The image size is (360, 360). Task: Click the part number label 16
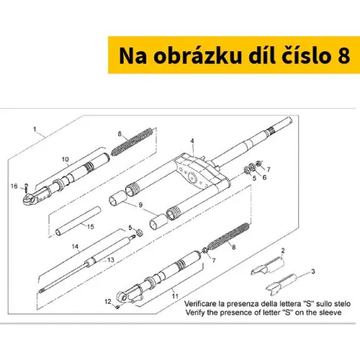point(14,186)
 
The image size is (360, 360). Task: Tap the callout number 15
point(91,227)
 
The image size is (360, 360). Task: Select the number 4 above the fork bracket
point(192,141)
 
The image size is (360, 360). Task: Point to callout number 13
point(111,260)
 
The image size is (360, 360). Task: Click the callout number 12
point(108,302)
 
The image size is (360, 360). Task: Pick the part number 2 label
point(283,251)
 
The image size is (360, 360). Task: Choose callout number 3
point(313,271)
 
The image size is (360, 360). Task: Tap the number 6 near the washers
point(264,177)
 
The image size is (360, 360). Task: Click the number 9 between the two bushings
point(140,204)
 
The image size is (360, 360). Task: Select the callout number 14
point(75,246)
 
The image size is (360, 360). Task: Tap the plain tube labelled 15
point(78,221)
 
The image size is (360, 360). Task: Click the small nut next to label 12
point(117,307)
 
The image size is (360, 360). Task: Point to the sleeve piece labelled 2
point(268,266)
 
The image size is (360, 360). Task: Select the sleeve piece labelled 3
point(282,284)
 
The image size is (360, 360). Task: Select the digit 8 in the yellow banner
point(343,56)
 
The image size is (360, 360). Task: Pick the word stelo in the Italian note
point(343,304)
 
